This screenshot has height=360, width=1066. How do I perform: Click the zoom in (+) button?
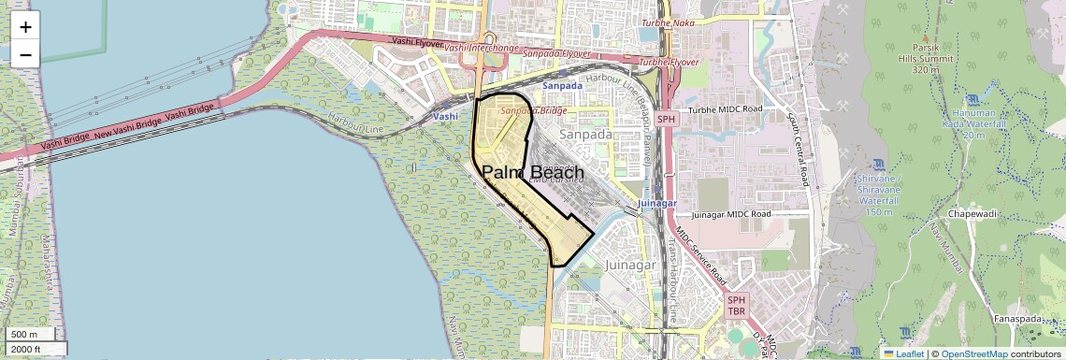click(x=25, y=27)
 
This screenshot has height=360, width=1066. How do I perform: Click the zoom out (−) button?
click(x=25, y=55)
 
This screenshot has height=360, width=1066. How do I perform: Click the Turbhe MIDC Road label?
click(x=726, y=109)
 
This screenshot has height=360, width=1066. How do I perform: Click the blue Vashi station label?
click(x=446, y=116)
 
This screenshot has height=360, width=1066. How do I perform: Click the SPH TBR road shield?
click(x=737, y=305)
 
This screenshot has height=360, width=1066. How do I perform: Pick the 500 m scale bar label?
click(x=24, y=334)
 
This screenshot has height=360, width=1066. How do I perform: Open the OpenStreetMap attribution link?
click(x=973, y=353)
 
